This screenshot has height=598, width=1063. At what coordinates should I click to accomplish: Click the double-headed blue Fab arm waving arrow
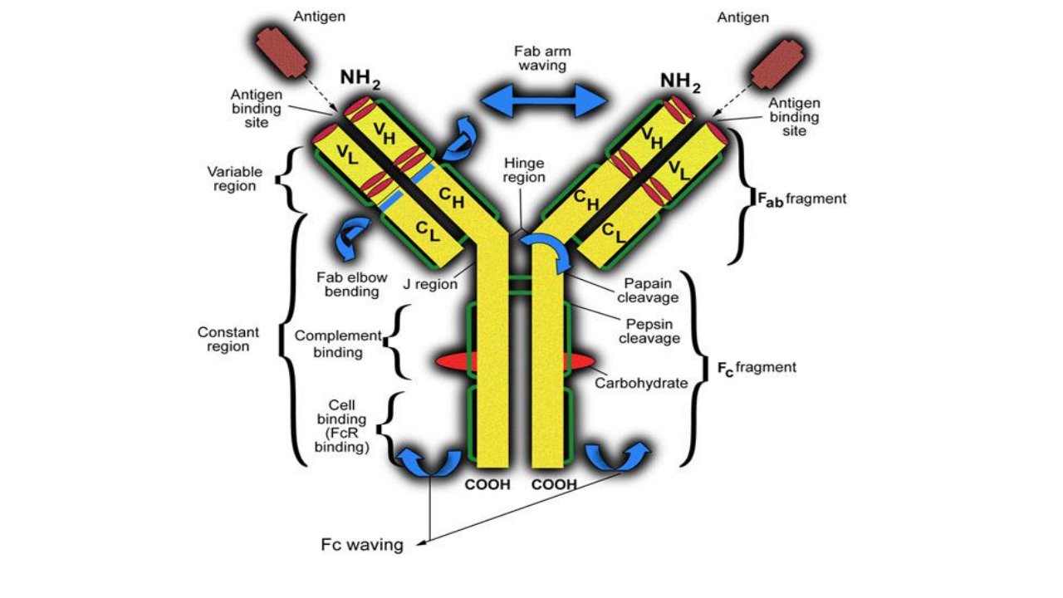pos(544,100)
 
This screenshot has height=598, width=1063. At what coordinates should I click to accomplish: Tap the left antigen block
pos(282,52)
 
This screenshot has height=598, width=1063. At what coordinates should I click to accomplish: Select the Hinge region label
pos(524,170)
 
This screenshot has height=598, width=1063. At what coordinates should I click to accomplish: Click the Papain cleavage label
pos(648,291)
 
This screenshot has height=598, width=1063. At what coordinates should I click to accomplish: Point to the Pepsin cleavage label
pos(649,331)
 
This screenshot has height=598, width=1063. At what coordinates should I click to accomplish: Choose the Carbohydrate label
pos(641,383)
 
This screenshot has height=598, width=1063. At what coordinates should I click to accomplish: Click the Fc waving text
pos(362,544)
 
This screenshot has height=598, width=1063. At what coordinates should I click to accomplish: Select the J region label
pos(430,284)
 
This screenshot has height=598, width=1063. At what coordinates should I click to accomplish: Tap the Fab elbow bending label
pos(351,284)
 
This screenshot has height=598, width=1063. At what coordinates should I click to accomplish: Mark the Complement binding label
pos(338,344)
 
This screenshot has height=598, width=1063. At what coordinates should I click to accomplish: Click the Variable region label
pos(234,179)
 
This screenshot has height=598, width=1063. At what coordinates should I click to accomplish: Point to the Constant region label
pos(228,339)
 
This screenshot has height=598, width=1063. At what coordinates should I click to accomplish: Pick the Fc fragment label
pos(757,368)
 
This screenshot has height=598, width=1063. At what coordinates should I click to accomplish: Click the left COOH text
pos(487,484)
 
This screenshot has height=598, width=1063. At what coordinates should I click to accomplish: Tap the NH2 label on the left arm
pos(360,79)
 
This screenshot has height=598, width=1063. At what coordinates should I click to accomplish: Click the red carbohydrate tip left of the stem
pos(452,361)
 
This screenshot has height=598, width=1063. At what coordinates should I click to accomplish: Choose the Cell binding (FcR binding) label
pos(341,426)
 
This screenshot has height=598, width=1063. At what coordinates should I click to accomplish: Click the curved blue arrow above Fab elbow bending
pos(352,238)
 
